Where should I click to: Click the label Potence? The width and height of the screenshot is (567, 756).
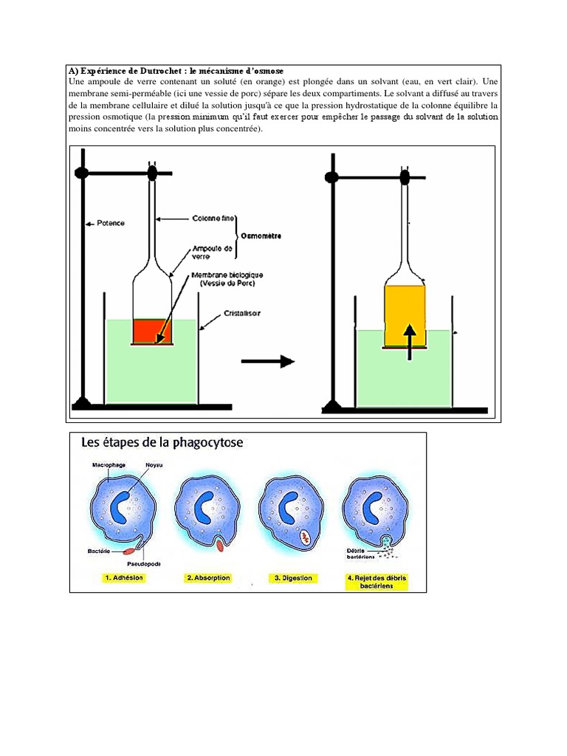pos(111,222)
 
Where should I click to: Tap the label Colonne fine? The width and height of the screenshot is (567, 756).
pos(213,218)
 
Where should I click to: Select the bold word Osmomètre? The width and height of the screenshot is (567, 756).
pos(261,236)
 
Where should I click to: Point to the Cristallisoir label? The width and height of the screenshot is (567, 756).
pos(241,313)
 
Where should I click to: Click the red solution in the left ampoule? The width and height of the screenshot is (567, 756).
pos(152,330)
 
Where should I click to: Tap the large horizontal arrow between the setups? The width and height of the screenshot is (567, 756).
pos(268,361)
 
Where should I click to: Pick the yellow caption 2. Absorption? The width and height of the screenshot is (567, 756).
pos(207,578)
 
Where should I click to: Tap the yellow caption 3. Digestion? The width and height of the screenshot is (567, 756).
pos(293,578)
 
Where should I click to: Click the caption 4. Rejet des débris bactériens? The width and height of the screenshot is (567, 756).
pos(377,582)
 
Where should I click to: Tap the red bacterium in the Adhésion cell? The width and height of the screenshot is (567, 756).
pos(128,550)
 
